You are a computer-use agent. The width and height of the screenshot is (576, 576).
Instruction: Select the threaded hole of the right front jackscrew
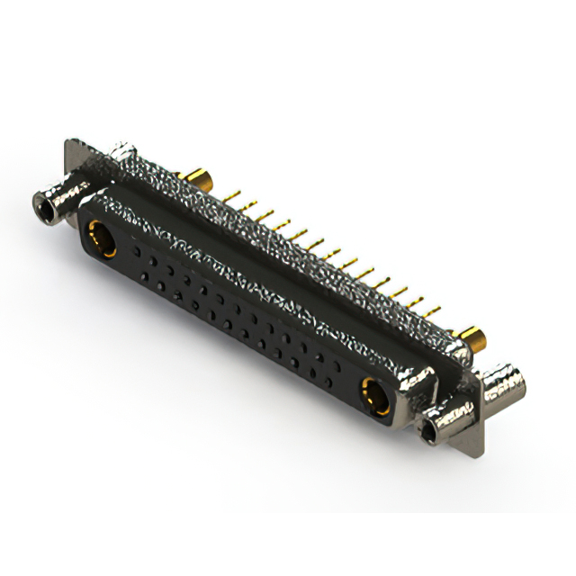coord(431,430)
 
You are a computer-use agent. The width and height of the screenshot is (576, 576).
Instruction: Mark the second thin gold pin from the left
coord(247,204)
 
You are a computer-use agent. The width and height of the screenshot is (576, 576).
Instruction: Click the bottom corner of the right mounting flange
coord(472,454)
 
